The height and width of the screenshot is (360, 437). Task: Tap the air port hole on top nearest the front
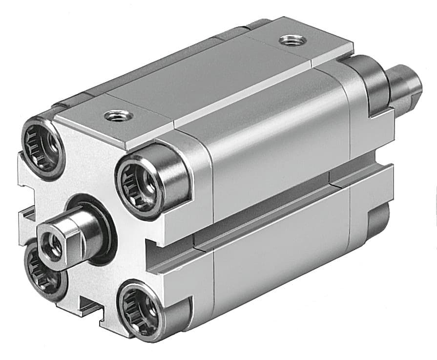118,116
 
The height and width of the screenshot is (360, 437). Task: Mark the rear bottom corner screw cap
378,220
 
